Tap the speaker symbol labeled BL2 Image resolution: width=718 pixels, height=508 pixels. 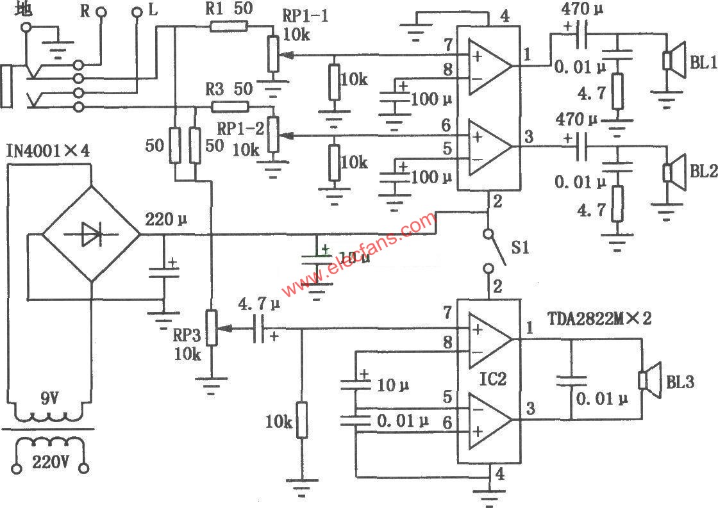tap(672, 172)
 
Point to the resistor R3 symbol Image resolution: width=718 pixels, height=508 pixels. tap(229, 106)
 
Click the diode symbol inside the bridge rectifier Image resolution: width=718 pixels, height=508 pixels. tap(90, 235)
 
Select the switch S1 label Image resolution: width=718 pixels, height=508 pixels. tap(520, 246)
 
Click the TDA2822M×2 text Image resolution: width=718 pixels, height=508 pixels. tap(599, 318)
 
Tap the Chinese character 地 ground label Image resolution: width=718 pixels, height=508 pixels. tap(24, 10)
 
